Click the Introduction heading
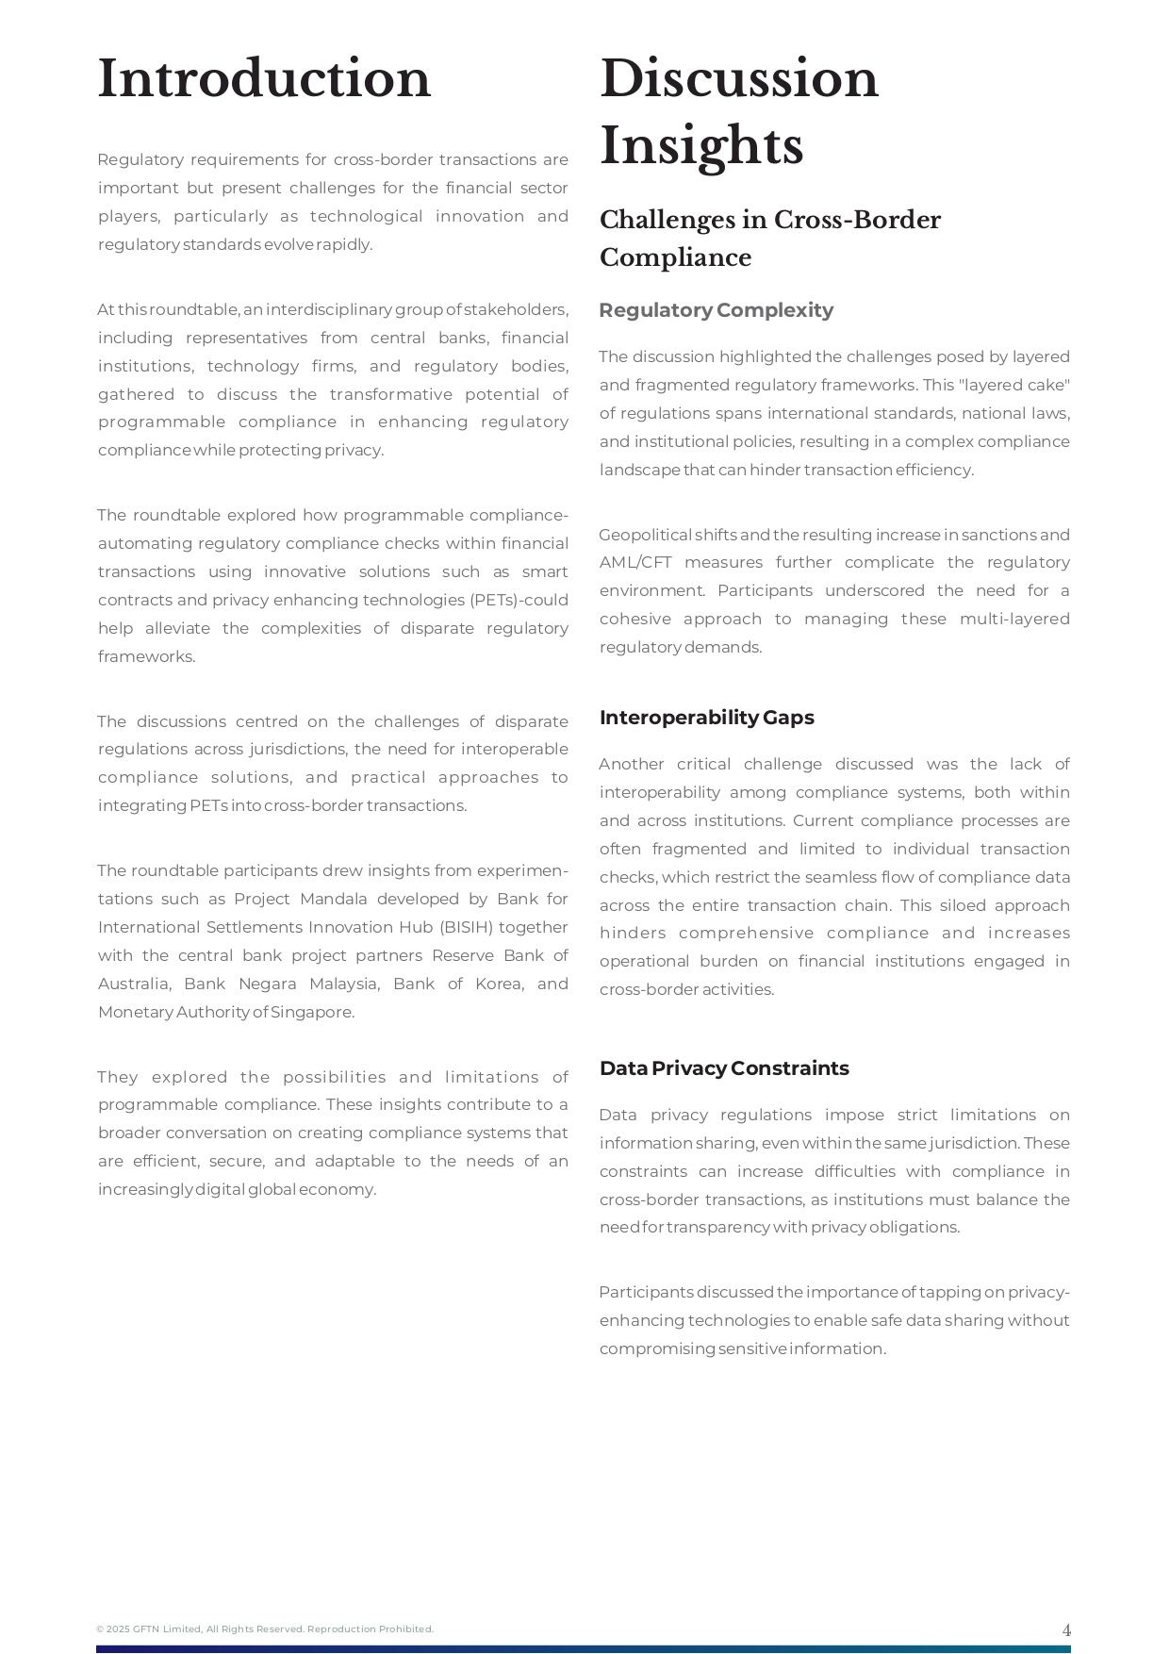pyautogui.click(x=264, y=79)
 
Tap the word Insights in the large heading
pyautogui.click(x=701, y=147)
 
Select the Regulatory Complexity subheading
pyautogui.click(x=716, y=310)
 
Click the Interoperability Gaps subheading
pyautogui.click(x=706, y=718)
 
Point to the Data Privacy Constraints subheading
pyautogui.click(x=724, y=1068)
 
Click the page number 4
pyautogui.click(x=1066, y=1630)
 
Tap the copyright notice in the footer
pyautogui.click(x=265, y=1629)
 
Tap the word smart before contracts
pyautogui.click(x=547, y=572)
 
